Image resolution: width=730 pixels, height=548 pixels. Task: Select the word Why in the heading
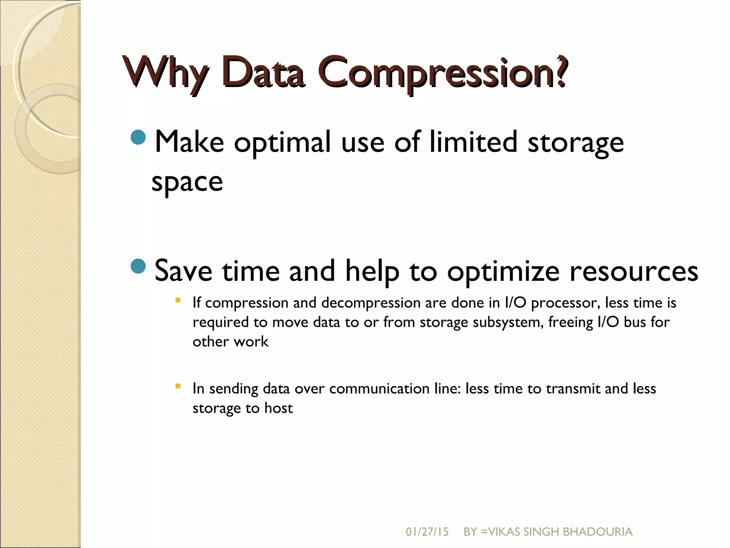[x=166, y=73]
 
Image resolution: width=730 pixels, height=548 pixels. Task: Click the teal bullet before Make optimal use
[x=138, y=137]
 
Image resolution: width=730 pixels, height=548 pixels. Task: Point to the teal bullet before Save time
[x=138, y=266]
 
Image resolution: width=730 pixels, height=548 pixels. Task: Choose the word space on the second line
[x=187, y=182]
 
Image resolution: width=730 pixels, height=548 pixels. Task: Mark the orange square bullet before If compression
[x=178, y=300]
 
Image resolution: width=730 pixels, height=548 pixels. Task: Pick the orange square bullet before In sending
[x=178, y=386]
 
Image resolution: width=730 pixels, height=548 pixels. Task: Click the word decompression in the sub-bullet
[x=371, y=303]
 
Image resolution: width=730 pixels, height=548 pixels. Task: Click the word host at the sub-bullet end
[x=278, y=408]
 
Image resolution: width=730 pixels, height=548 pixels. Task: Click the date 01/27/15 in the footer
[x=427, y=532]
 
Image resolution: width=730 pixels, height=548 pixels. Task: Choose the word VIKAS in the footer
[x=504, y=532]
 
